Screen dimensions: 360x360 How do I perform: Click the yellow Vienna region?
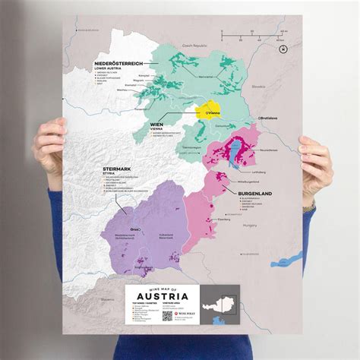click(x=209, y=111)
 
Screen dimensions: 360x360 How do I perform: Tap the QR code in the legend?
click(x=167, y=314)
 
